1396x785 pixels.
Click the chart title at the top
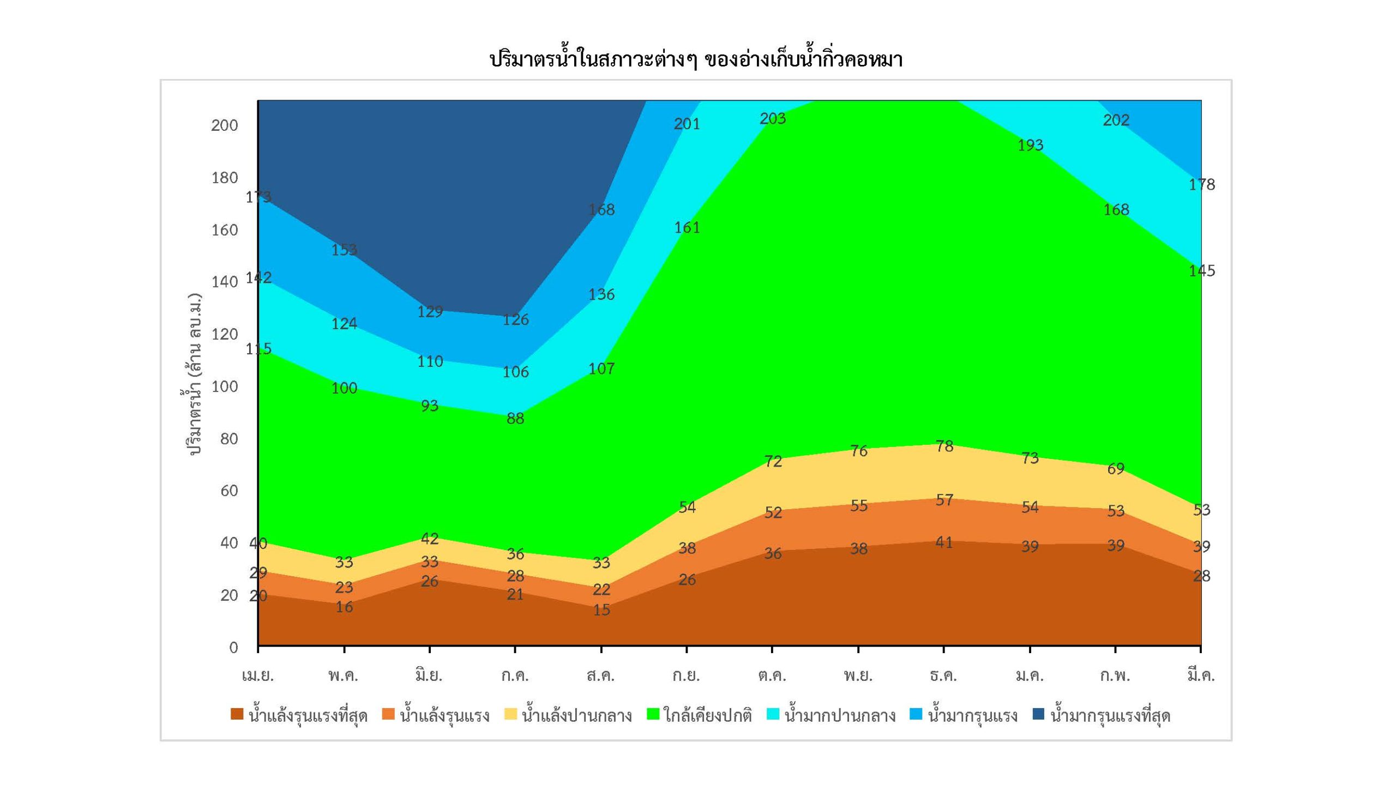(696, 59)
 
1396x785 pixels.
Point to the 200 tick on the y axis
(225, 125)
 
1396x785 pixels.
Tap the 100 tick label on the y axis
(225, 387)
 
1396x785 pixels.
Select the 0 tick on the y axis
(233, 647)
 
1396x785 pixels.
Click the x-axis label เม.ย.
(257, 676)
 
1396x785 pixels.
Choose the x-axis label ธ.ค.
(943, 676)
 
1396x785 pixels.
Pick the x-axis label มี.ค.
(1201, 676)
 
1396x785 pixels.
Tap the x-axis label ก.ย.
(686, 676)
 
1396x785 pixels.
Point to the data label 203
(773, 118)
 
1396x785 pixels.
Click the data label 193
(1030, 145)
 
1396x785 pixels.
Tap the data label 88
(515, 418)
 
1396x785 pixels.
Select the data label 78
(944, 446)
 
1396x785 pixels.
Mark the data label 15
(601, 610)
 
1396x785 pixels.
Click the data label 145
(1202, 270)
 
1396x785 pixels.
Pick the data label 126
(515, 319)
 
